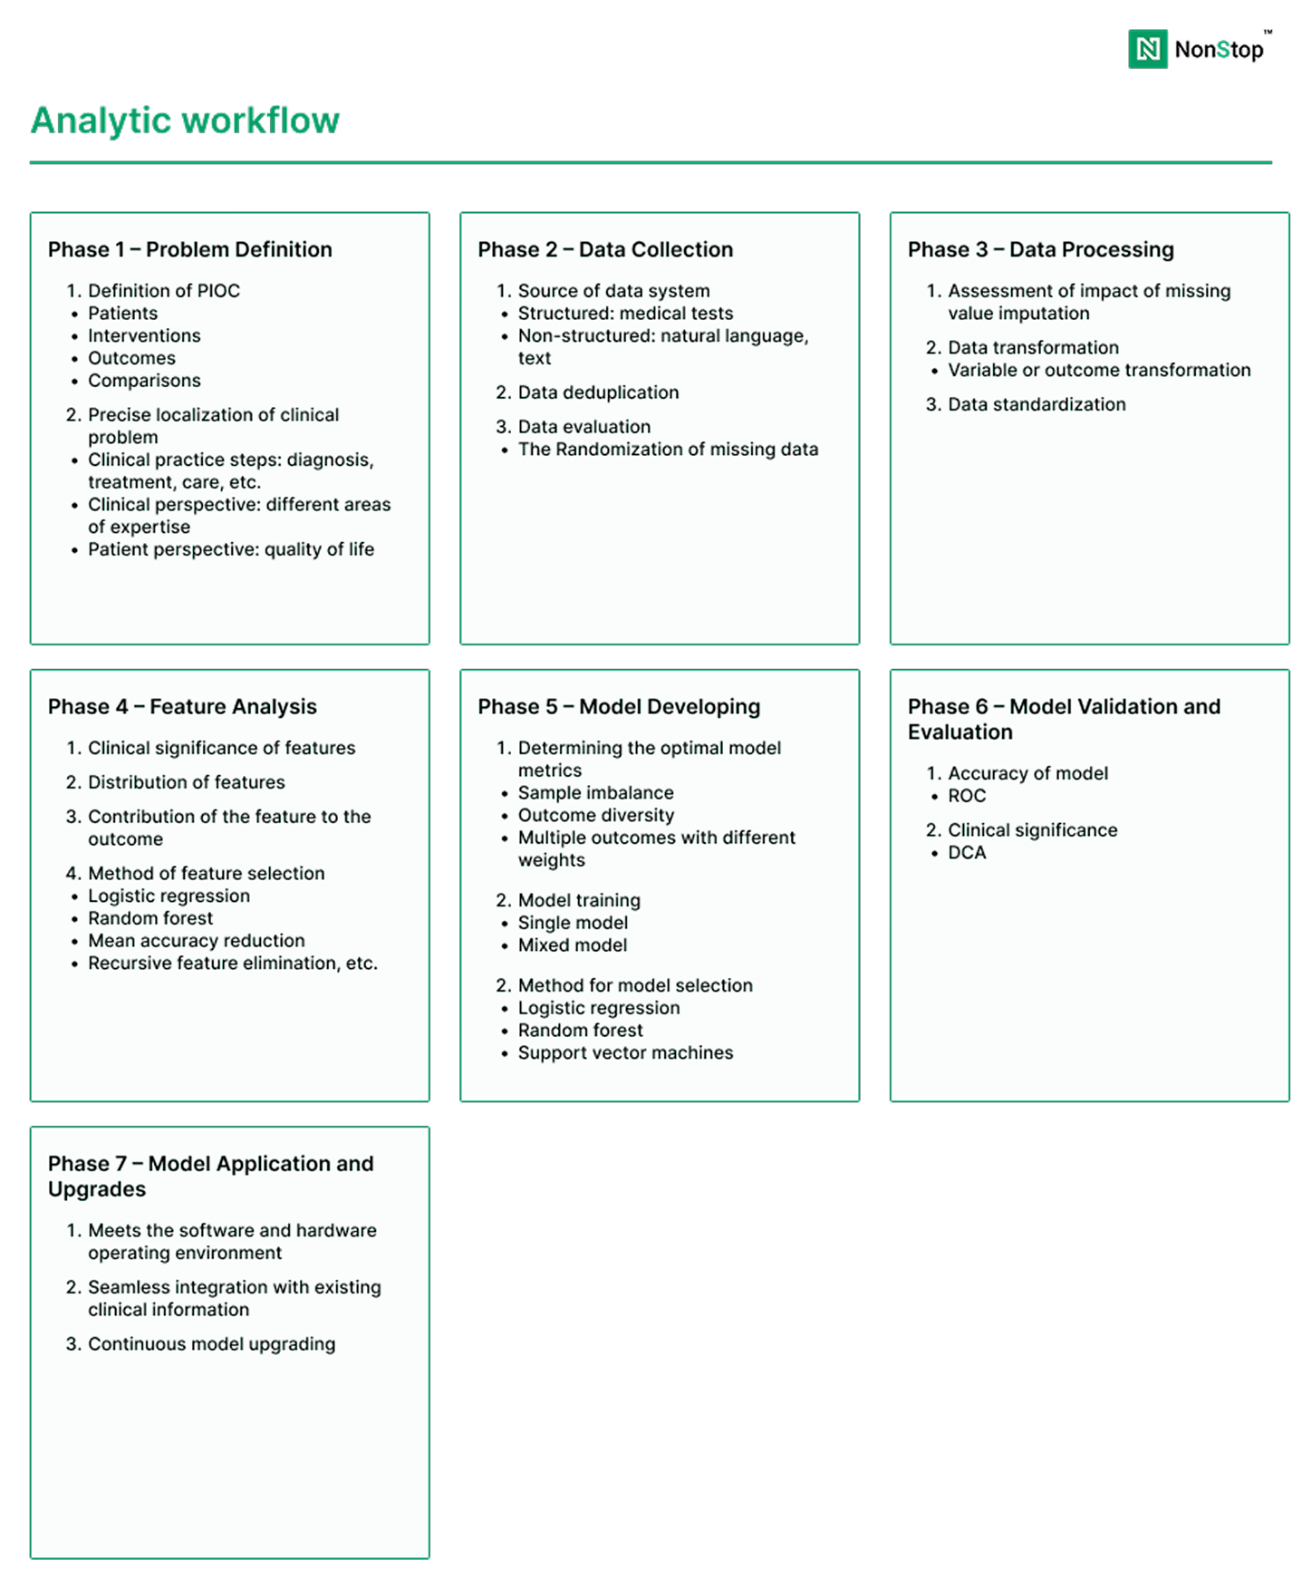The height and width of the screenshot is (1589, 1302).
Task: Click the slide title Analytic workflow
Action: click(185, 121)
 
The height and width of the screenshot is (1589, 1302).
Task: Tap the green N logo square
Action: click(1148, 49)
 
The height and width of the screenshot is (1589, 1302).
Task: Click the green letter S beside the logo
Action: click(1223, 50)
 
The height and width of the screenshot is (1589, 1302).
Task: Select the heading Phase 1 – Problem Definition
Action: click(190, 249)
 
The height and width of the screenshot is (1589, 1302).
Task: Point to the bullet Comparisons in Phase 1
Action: click(144, 381)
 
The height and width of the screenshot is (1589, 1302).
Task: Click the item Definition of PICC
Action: click(164, 291)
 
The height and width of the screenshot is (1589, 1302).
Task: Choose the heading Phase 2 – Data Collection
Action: click(605, 249)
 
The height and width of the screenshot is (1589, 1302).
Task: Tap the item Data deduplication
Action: click(598, 392)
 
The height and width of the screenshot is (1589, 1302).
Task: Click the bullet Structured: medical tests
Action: click(625, 314)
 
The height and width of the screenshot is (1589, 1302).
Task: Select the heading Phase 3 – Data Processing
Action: click(1040, 249)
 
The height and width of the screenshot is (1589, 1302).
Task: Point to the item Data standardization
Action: click(1037, 404)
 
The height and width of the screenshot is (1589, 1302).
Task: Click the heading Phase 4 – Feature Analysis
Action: click(182, 706)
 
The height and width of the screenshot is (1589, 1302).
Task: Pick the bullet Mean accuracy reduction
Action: click(197, 941)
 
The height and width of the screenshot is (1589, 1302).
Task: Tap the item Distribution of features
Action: click(187, 782)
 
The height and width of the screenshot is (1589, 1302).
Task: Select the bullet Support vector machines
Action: click(625, 1053)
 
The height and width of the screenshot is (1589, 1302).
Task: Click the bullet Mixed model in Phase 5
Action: click(573, 945)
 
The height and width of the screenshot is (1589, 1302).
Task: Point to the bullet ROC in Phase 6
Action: click(966, 796)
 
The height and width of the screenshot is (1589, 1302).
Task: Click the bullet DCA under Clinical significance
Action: click(967, 853)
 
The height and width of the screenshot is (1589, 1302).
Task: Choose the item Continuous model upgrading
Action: click(212, 1343)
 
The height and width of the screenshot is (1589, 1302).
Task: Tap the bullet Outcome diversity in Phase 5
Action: click(596, 816)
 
